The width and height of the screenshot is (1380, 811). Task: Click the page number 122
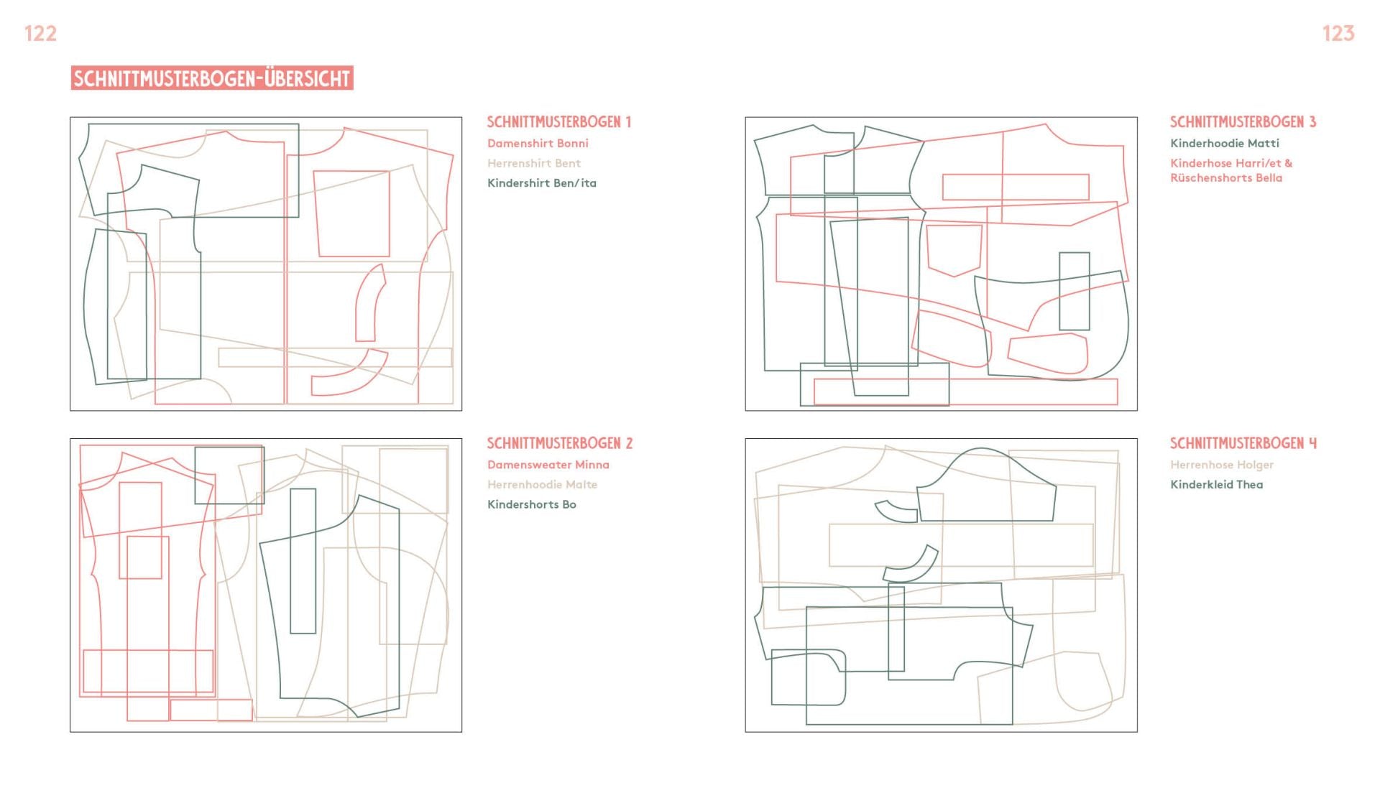click(x=40, y=33)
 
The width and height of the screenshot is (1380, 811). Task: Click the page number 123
click(x=1338, y=33)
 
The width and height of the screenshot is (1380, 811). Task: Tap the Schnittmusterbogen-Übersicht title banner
click(x=212, y=78)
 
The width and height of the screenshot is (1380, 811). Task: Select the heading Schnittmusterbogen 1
click(x=559, y=122)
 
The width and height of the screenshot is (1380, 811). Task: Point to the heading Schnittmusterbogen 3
click(x=1243, y=122)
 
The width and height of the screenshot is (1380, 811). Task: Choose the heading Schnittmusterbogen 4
click(x=1243, y=443)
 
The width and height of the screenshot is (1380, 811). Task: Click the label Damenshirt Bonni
click(x=538, y=144)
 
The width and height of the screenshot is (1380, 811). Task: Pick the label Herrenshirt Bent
click(x=534, y=163)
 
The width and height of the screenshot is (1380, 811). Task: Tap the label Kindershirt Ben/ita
click(x=542, y=183)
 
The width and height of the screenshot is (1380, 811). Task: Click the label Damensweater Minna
click(x=548, y=465)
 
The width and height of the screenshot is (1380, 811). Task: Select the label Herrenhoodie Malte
click(x=543, y=485)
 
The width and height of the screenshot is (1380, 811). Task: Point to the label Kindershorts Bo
click(x=532, y=504)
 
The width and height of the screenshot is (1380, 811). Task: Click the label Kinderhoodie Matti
click(x=1225, y=144)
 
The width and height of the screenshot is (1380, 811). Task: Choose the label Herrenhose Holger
click(x=1222, y=465)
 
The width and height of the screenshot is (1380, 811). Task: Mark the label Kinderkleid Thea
click(x=1217, y=485)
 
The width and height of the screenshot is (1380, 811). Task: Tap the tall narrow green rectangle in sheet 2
click(x=291, y=561)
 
